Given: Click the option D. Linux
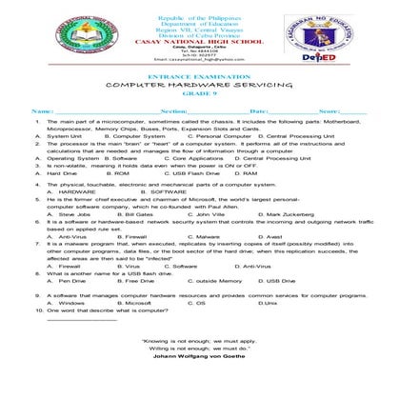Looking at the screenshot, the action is coord(267,303).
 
